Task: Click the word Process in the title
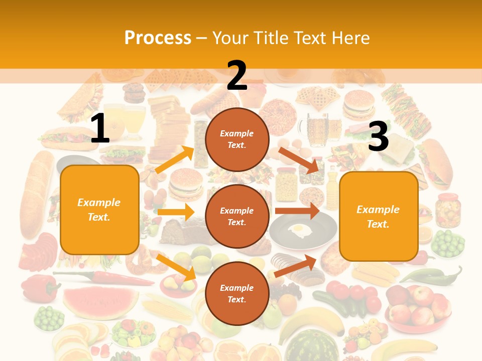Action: coord(158,38)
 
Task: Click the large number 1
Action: coord(100,129)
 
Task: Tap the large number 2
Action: coord(237,76)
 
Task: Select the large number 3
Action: coord(378,137)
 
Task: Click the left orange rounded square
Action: coord(99,210)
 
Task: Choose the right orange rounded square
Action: coord(379,217)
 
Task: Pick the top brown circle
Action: coord(237,139)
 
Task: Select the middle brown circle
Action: coord(237,216)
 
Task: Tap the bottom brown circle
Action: coord(237,293)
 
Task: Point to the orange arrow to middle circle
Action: coord(176,212)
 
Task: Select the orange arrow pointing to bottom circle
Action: coord(176,267)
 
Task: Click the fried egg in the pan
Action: coord(301,230)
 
